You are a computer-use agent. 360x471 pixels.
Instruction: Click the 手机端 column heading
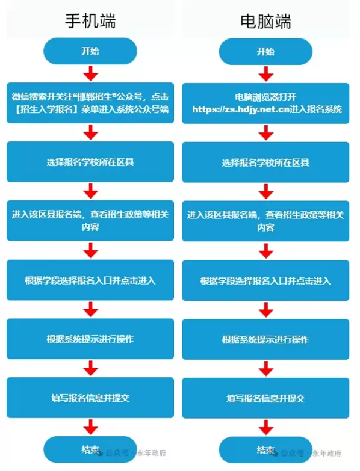(90, 21)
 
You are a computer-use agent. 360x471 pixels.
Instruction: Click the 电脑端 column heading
(265, 22)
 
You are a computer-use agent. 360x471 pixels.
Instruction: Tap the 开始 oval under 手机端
(90, 51)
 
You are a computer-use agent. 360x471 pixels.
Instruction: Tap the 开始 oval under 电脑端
(265, 52)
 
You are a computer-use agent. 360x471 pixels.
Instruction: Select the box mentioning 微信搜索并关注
(90, 103)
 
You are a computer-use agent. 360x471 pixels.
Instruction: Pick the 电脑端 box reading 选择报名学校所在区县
(265, 162)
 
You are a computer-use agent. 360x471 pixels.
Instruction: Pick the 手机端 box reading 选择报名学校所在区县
(90, 162)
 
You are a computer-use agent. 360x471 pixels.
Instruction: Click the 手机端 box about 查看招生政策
(90, 221)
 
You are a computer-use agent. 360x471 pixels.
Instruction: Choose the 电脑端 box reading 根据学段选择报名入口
(265, 280)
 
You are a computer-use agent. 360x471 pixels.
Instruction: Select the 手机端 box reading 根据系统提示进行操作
(90, 339)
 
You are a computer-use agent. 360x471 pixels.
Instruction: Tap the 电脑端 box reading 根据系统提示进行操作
(265, 339)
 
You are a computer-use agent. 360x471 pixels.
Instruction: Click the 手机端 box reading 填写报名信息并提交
(90, 398)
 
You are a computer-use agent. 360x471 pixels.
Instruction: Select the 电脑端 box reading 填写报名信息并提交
(265, 398)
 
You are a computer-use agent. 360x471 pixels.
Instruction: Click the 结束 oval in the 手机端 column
(90, 449)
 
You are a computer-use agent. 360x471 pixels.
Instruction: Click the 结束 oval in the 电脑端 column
(265, 450)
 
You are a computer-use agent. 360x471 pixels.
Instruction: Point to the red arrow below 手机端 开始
(90, 73)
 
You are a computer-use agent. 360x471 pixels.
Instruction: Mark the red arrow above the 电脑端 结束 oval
(266, 428)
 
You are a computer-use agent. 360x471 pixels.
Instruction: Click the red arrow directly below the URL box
(266, 133)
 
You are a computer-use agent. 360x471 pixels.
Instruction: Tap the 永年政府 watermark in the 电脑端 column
(327, 454)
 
